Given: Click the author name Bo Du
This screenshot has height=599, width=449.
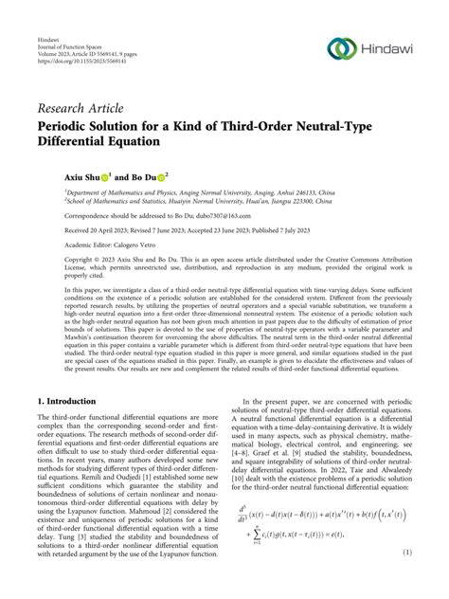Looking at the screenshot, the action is (x=147, y=176).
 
